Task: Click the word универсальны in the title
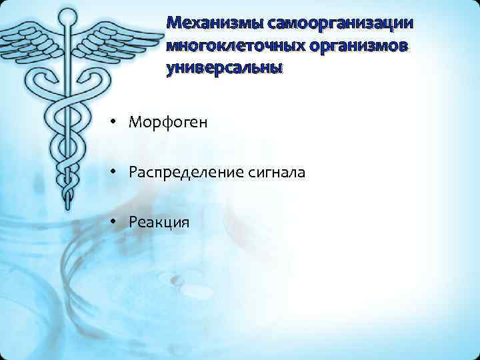point(225,69)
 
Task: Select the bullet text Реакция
point(159,222)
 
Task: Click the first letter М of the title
point(175,23)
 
